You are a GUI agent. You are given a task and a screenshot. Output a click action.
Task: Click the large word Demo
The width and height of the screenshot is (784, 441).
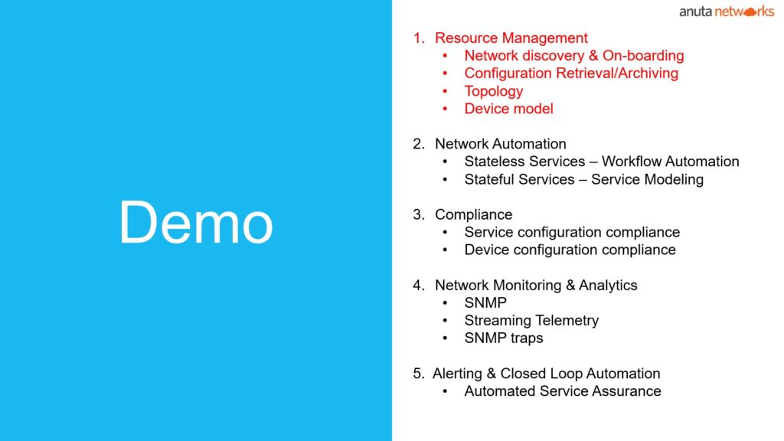coord(196,223)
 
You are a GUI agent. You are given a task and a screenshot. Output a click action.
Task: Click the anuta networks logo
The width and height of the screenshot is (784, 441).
coord(726,11)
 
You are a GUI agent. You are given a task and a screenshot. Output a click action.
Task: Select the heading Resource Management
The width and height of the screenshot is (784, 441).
coord(511,38)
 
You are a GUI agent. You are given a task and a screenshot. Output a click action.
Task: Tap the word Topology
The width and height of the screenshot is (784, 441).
coord(494,92)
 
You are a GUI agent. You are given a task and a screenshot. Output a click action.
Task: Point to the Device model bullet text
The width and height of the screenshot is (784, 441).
coord(508,109)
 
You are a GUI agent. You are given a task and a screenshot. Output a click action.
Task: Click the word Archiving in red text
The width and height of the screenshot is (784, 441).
coord(648,73)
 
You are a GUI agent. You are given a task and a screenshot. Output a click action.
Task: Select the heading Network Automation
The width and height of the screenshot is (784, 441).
coord(501,144)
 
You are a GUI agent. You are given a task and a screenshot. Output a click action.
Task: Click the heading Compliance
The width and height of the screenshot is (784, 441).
coord(473,215)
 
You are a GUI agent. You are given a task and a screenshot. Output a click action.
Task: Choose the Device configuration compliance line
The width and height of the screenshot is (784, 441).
coord(570,250)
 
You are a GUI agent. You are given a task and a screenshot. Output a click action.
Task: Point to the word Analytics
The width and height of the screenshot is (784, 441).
coord(608,286)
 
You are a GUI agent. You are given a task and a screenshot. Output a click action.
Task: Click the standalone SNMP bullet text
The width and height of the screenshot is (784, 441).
coord(485,303)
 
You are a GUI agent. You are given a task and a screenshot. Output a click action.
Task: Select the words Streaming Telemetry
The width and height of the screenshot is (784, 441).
coord(531,321)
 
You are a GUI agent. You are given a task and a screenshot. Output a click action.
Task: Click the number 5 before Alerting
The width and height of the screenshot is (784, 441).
coord(417,374)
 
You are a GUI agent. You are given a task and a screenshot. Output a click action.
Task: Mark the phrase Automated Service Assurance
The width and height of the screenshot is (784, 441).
coord(563,391)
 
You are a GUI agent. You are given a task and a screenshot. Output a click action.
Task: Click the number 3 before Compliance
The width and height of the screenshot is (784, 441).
coord(417,215)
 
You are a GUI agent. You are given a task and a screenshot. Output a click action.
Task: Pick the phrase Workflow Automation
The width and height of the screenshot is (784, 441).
coord(670,162)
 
